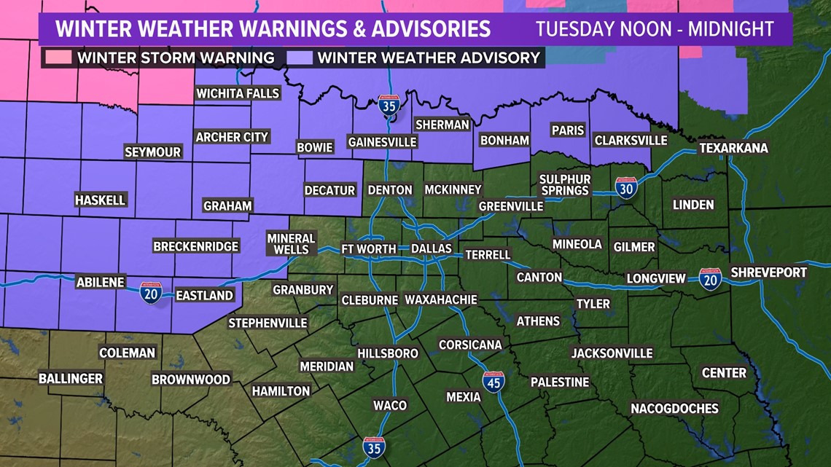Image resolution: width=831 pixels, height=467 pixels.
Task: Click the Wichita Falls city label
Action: tap(238, 93)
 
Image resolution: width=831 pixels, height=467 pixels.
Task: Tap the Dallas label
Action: tap(432, 249)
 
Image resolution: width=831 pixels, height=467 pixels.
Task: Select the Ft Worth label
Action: tap(369, 249)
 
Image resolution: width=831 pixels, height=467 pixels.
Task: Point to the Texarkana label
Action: tap(733, 148)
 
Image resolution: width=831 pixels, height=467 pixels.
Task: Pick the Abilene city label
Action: tap(101, 282)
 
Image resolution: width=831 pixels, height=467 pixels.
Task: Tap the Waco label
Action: tap(390, 405)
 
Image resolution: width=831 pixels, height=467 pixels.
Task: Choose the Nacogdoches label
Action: tap(674, 408)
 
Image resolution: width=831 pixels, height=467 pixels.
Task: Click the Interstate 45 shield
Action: tap(493, 381)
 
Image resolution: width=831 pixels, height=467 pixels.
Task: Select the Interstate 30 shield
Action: tap(625, 187)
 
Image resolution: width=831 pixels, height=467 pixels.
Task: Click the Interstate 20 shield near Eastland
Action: tap(151, 292)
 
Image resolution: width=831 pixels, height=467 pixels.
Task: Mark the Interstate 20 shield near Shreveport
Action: tap(710, 278)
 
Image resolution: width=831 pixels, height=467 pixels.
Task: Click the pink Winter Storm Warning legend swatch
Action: tap(58, 57)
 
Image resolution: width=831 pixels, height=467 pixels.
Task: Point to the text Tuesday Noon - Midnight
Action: tap(655, 30)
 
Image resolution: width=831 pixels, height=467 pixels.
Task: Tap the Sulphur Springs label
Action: tap(565, 185)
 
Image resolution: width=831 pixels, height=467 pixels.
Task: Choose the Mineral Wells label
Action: tap(291, 244)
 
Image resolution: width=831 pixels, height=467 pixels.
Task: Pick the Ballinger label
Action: tap(71, 379)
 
